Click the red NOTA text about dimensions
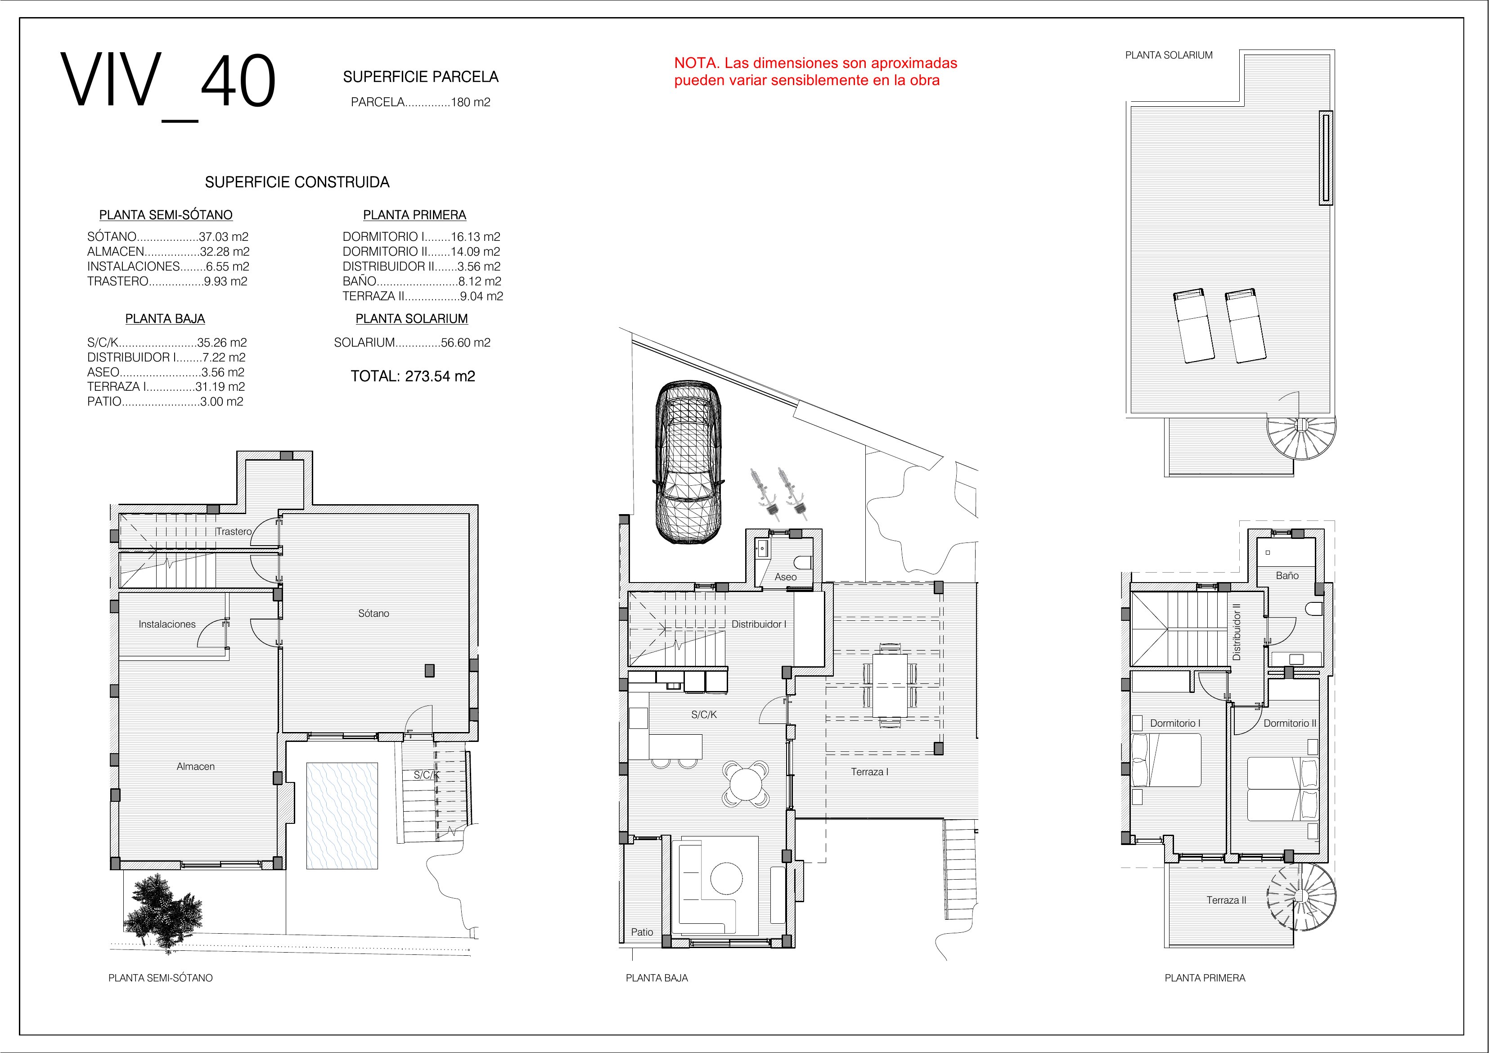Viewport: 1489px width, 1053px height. click(x=816, y=72)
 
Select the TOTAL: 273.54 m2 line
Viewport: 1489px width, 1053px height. click(x=413, y=376)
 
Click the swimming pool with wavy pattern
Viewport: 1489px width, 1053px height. click(x=342, y=816)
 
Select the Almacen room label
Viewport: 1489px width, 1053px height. click(x=195, y=766)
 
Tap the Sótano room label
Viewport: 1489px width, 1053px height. click(x=373, y=613)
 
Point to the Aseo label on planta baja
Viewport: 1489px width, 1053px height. click(x=785, y=577)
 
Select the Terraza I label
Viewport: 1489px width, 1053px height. click(x=870, y=772)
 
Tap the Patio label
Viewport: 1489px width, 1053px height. click(x=642, y=932)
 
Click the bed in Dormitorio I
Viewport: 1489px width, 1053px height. click(x=1166, y=760)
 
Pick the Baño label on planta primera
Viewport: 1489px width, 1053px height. click(x=1287, y=575)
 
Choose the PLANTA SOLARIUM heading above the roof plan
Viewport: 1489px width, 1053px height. click(x=1169, y=55)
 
